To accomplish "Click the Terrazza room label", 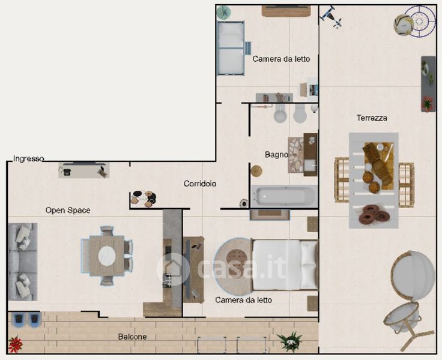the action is click(372, 118).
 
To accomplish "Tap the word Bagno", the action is click(276, 154).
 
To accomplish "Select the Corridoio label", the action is click(200, 184).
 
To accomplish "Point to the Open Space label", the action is click(68, 210).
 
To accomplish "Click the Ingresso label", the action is click(28, 159).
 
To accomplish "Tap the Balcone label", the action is click(132, 337).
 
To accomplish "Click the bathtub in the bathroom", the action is click(284, 196).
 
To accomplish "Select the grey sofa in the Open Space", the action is click(23, 262).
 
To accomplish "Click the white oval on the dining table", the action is click(107, 256).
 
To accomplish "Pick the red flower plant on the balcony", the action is click(15, 344).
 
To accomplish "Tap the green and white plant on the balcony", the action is click(289, 341).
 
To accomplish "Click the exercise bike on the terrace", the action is click(331, 17).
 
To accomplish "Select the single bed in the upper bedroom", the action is click(231, 48).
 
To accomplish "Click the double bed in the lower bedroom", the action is click(285, 265).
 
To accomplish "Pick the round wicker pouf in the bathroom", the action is click(256, 171).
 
